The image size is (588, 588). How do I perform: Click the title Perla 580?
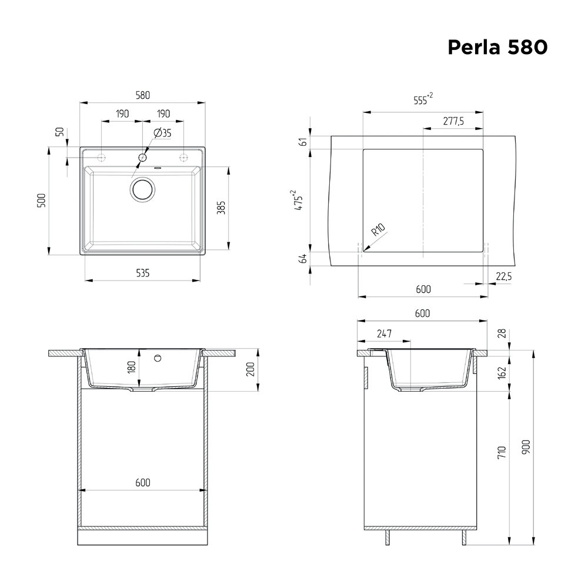(x=497, y=47)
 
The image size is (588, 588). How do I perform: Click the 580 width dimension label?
(x=143, y=95)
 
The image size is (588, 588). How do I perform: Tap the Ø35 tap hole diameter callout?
(x=162, y=133)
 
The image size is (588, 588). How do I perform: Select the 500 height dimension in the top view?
(x=41, y=201)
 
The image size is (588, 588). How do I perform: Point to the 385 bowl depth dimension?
(x=221, y=208)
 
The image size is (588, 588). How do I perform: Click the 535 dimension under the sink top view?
(x=143, y=273)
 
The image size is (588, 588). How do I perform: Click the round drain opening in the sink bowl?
(x=142, y=189)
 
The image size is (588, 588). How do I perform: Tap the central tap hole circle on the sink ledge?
(x=142, y=158)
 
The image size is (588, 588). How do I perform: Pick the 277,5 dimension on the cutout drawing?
(x=453, y=121)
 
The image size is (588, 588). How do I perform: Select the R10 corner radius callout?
(x=378, y=229)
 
